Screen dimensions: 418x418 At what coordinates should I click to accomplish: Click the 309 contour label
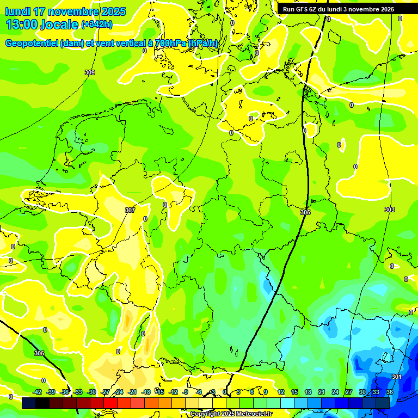pyautogui.click(x=90, y=72)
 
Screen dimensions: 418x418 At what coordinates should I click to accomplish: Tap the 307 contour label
pyautogui.click(x=130, y=210)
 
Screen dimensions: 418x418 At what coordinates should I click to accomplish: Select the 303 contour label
pyautogui.click(x=389, y=210)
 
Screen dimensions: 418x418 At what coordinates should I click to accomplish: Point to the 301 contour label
pyautogui.click(x=397, y=377)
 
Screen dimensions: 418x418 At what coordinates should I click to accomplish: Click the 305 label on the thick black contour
pyautogui.click(x=305, y=212)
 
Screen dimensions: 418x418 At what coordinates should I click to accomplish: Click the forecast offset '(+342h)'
pyautogui.click(x=97, y=24)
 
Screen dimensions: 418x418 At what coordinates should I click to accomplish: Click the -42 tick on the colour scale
pyautogui.click(x=37, y=392)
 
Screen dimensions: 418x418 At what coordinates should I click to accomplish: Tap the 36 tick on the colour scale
pyautogui.click(x=390, y=392)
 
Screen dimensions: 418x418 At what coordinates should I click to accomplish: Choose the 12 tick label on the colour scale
pyautogui.click(x=281, y=392)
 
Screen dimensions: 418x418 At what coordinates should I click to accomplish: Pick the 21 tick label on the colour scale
pyautogui.click(x=322, y=392)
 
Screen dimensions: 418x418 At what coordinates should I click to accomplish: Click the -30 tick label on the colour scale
pyautogui.click(x=91, y=392)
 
